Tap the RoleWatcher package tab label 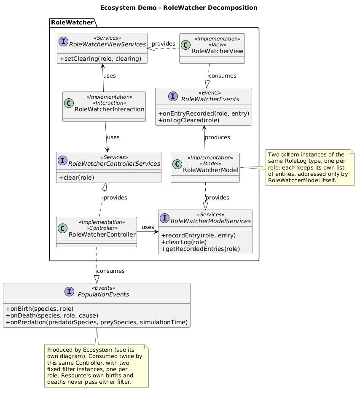pos(72,22)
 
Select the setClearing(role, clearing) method pos(100,59)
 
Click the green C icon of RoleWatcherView pos(185,45)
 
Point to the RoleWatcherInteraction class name pos(110,109)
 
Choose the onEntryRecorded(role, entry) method pos(204,113)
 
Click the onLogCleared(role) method pos(189,120)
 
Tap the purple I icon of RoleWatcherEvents pos(173,96)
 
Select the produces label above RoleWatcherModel pos(217,137)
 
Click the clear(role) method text pos(76,178)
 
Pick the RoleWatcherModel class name pos(211,170)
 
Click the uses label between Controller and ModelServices pos(148,227)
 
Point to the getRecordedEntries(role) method pos(200,249)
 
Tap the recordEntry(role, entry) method pos(199,235)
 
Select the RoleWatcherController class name pos(102,234)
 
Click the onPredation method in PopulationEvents pos(97,322)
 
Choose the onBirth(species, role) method pos(40,309)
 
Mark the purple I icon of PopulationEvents pos(70,291)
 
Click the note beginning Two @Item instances pos(310,167)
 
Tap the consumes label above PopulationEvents pos(110,271)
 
